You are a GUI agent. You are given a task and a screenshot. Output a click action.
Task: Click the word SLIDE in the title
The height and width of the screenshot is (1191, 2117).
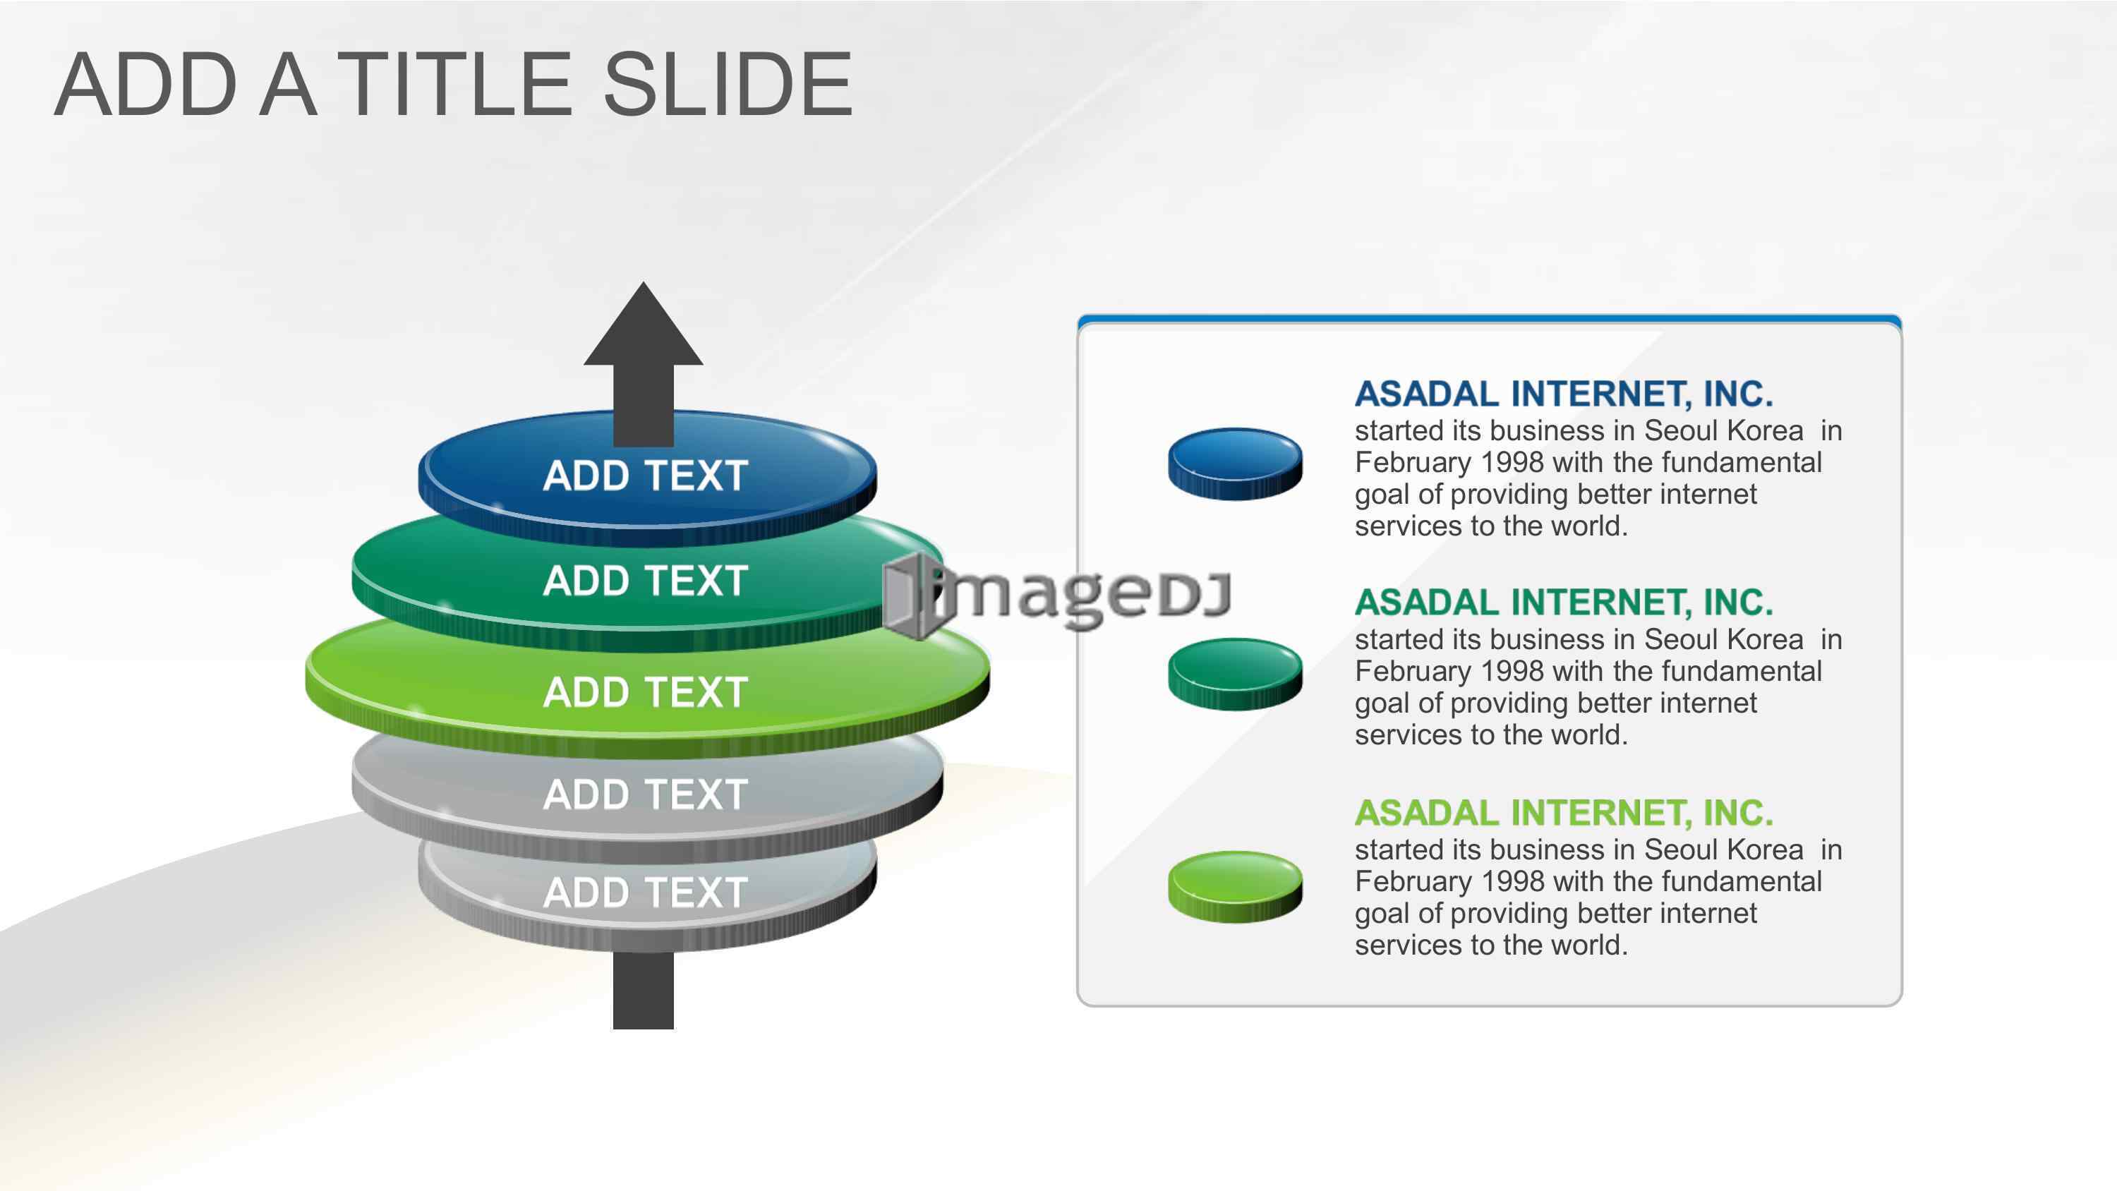[728, 84]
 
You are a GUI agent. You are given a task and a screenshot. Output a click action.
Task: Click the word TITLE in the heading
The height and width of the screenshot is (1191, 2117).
[454, 84]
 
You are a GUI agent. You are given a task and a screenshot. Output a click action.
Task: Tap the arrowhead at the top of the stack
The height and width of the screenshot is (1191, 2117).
[644, 324]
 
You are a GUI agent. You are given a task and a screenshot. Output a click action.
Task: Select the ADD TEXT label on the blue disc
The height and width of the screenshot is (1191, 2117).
[645, 476]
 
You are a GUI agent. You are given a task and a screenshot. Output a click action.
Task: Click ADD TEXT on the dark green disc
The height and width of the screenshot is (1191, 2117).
[645, 581]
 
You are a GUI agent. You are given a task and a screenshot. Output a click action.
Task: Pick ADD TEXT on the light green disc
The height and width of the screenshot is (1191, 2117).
[645, 692]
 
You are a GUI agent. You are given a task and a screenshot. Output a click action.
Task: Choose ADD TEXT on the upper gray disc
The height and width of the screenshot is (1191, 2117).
[645, 794]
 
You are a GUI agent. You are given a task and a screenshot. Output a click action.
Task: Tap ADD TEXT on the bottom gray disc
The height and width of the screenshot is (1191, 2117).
[645, 893]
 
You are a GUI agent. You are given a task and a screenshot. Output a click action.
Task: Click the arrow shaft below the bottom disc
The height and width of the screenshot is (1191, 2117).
[644, 991]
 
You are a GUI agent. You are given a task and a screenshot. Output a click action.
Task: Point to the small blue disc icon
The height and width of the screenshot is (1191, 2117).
[1235, 464]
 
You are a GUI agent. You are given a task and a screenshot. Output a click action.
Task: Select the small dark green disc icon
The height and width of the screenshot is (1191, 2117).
[1235, 674]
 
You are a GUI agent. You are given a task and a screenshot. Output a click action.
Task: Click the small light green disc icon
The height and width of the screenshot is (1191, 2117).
[1235, 886]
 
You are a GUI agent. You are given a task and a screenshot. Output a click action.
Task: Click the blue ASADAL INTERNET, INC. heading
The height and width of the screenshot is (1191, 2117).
[1564, 394]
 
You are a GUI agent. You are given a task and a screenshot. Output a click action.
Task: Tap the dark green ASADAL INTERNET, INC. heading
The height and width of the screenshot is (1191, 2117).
[1564, 603]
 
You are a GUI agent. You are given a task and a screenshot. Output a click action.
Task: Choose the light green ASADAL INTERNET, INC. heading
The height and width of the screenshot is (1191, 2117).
[1564, 814]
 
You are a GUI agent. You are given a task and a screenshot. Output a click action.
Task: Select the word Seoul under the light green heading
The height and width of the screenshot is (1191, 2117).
[1682, 850]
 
